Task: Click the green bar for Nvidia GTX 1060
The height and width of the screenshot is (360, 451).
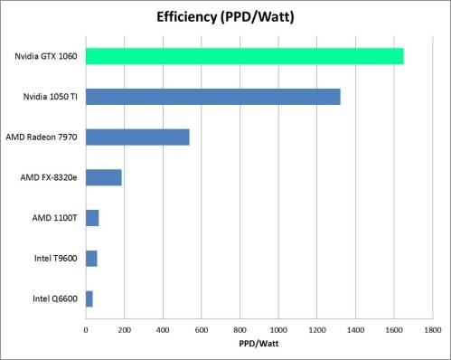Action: click(244, 56)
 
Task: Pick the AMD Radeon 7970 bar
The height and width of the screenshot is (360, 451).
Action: click(137, 137)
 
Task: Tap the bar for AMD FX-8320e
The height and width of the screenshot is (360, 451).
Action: click(103, 177)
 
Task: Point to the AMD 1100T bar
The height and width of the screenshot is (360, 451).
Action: click(91, 218)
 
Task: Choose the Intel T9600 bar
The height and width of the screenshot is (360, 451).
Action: click(90, 259)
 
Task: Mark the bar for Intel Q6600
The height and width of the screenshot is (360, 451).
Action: click(89, 298)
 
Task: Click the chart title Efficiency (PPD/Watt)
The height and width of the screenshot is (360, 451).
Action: click(225, 16)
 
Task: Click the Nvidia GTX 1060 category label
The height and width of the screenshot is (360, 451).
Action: click(43, 56)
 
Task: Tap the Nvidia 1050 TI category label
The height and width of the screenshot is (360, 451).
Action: click(49, 97)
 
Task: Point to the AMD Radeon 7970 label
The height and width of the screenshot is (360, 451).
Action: click(41, 137)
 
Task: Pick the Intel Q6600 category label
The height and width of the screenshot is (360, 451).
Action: click(53, 298)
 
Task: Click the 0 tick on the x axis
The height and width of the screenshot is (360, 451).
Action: click(85, 329)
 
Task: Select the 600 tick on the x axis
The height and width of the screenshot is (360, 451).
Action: click(201, 329)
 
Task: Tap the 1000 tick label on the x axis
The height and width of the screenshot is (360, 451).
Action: click(277, 329)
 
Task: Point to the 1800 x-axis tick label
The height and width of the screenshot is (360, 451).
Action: click(432, 329)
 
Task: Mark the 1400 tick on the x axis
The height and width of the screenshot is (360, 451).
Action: click(355, 329)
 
